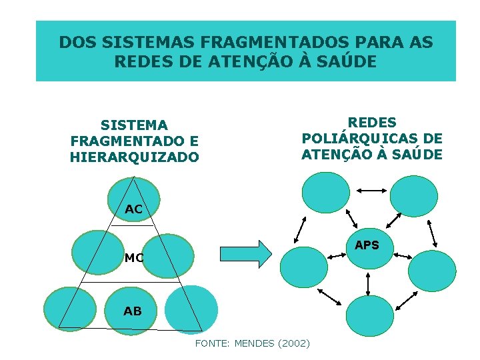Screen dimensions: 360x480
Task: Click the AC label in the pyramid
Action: tap(133, 209)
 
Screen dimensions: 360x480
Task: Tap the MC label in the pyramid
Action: tap(134, 258)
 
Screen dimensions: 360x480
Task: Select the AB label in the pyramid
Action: tap(132, 311)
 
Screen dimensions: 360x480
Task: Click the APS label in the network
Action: tap(367, 245)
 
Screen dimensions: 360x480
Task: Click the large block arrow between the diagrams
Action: tap(246, 253)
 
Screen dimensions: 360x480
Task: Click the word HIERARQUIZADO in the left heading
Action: tap(134, 157)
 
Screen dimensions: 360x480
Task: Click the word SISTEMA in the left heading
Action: tap(134, 125)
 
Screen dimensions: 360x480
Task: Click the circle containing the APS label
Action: tap(369, 247)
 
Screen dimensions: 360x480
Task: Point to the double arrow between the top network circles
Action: tap(369, 191)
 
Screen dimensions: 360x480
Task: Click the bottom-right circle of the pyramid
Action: tap(191, 309)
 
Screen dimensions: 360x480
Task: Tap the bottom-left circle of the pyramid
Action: tap(70, 309)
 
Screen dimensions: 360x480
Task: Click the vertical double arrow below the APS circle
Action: tap(369, 283)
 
